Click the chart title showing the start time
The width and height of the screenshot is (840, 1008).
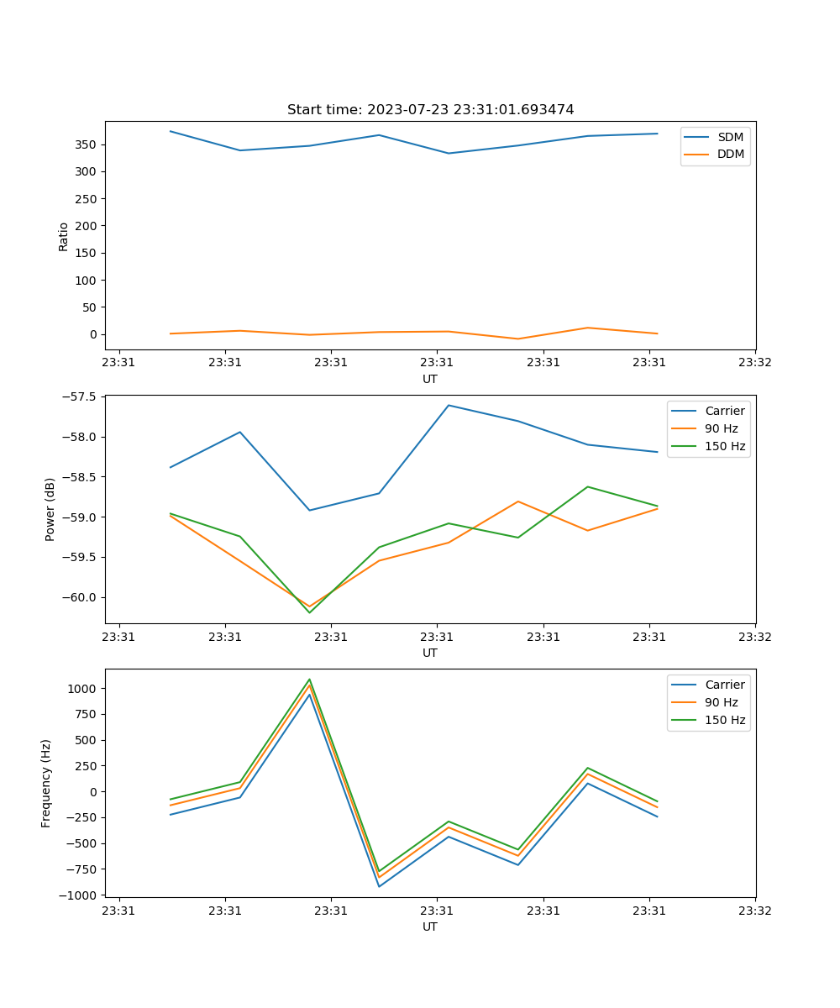coord(430,109)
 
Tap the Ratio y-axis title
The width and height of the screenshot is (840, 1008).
coord(63,236)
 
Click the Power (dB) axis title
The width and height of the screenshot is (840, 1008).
coord(50,509)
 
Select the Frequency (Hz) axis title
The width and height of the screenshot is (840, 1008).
coord(46,783)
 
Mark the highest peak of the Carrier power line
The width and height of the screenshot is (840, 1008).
coord(449,405)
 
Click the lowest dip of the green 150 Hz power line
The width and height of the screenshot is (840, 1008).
coord(309,612)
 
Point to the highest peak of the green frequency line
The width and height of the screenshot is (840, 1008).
coord(309,679)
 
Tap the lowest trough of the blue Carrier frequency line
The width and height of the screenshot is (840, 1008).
coord(379,887)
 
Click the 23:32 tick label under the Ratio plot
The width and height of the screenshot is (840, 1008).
coord(755,363)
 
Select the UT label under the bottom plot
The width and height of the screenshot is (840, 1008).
coord(430,927)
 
